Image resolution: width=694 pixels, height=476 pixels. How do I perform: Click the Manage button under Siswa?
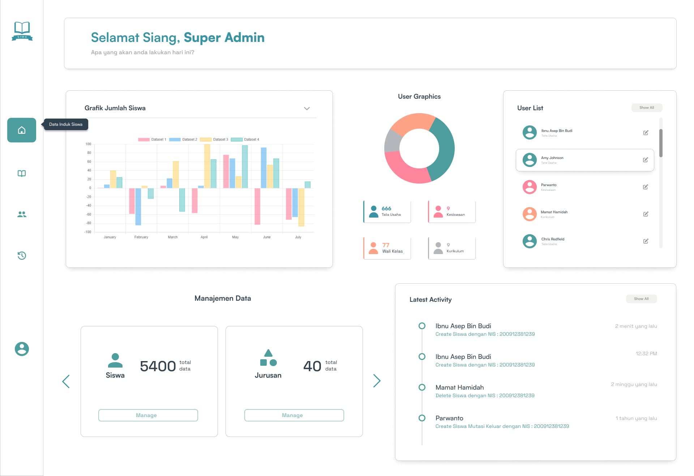point(148,415)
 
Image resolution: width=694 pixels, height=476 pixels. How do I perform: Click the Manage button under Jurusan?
point(294,415)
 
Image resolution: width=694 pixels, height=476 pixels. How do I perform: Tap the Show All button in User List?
point(646,108)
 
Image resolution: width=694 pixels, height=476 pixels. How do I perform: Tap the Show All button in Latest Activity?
point(641,299)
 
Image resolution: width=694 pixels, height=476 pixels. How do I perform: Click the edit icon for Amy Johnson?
point(645,160)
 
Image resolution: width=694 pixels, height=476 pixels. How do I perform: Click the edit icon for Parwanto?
point(645,187)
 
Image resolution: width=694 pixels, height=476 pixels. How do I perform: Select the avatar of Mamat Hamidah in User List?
point(530,214)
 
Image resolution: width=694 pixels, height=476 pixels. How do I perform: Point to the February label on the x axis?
point(141,237)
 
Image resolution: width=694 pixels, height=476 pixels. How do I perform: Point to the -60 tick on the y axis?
point(89,214)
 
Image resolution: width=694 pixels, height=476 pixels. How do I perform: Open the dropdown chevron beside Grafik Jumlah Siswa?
point(307,108)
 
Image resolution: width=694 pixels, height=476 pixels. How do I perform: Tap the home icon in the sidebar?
point(22,130)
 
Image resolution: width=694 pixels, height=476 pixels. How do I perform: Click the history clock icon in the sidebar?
point(22,256)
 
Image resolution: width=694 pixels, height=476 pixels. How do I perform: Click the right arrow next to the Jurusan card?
point(377,381)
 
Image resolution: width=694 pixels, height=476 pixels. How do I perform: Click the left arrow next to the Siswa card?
point(66,381)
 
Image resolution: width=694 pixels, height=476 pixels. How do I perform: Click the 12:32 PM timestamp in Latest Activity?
point(646,353)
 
